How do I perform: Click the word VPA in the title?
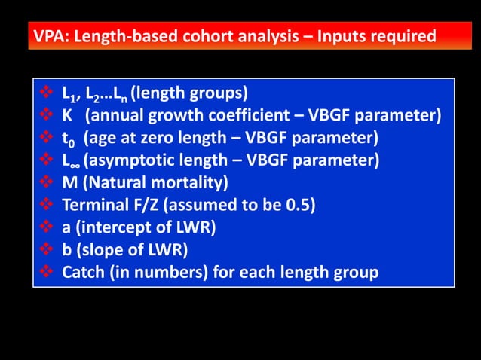click(x=50, y=35)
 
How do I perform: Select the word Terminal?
click(x=91, y=205)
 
